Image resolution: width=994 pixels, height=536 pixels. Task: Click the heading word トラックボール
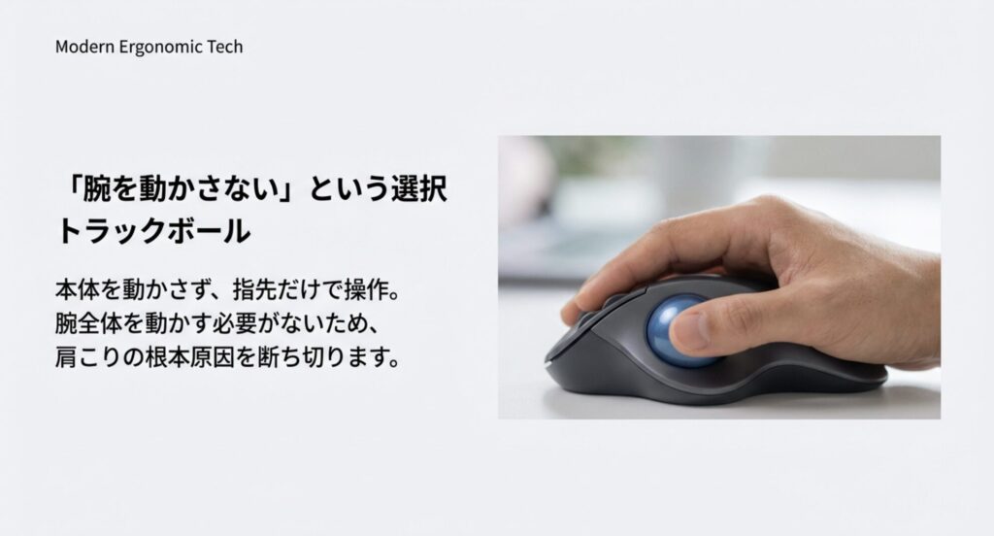click(153, 231)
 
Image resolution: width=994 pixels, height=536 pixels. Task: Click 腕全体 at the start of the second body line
click(92, 323)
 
